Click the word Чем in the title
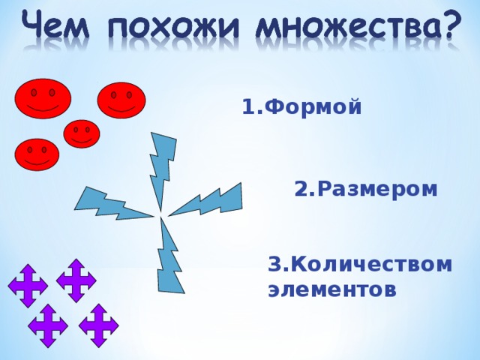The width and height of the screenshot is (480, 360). click(55, 24)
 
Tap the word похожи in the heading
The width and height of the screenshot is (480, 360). click(172, 26)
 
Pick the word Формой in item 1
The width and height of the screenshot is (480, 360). click(313, 106)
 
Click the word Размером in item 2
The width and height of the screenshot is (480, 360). click(377, 188)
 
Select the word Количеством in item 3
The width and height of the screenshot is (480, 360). click(370, 264)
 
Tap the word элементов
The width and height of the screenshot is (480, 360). click(331, 289)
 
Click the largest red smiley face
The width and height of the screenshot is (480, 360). click(43, 98)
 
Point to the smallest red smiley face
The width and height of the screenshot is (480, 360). click(82, 133)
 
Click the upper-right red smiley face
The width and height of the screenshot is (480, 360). click(121, 100)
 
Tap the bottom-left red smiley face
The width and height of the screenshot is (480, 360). click(37, 154)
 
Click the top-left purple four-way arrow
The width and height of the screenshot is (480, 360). click(28, 286)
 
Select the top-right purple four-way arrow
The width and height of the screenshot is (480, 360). click(76, 280)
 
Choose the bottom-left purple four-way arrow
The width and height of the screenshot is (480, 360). click(48, 325)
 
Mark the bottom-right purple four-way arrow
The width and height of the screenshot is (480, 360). click(98, 325)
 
